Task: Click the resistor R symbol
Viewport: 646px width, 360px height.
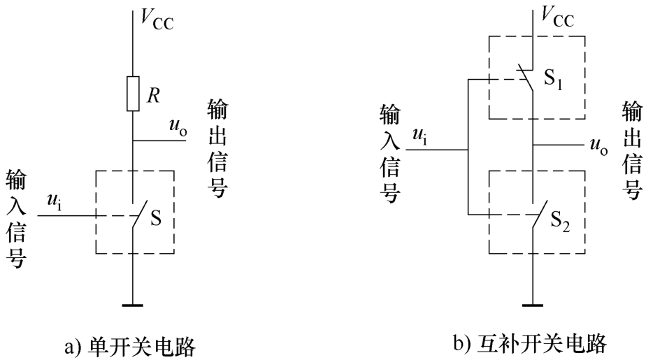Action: tap(133, 94)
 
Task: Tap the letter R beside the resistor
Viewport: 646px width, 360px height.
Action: tap(153, 96)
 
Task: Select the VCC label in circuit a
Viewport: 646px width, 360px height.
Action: tap(157, 19)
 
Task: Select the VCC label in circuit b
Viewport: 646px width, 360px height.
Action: tap(557, 17)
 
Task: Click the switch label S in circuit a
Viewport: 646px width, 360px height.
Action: tap(156, 218)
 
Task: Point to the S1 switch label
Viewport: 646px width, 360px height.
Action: tap(553, 78)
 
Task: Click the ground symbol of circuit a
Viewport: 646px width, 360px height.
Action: tap(133, 305)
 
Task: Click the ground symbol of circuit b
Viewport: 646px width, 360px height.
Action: tap(533, 305)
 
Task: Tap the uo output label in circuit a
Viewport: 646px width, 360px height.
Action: tap(178, 128)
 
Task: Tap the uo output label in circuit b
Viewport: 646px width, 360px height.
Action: tap(599, 147)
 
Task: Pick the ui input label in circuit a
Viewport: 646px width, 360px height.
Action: tap(55, 202)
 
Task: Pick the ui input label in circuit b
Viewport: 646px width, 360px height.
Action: tap(419, 136)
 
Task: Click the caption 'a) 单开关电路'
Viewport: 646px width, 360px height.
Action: tap(130, 347)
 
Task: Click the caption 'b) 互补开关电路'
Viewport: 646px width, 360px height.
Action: tap(530, 343)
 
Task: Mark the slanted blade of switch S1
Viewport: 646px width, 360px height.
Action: tap(525, 77)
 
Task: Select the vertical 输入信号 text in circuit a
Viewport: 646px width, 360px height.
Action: tap(17, 219)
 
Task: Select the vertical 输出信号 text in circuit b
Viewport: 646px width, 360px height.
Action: tap(632, 151)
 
